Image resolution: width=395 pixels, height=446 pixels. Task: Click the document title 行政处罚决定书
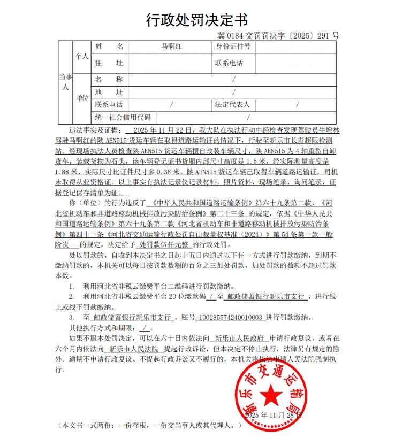[x=197, y=20]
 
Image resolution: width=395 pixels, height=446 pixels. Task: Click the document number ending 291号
[x=278, y=36]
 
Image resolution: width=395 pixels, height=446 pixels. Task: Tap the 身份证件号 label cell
[x=233, y=47]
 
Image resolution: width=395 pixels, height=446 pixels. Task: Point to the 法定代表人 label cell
[x=232, y=105]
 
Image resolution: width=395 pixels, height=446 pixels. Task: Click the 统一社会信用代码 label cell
[x=123, y=117]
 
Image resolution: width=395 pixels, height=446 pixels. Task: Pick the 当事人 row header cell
[x=64, y=82]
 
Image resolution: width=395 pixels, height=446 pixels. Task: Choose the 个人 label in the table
[x=81, y=56]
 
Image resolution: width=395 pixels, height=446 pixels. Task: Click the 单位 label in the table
[x=82, y=98]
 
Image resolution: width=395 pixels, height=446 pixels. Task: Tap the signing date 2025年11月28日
[x=273, y=415]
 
